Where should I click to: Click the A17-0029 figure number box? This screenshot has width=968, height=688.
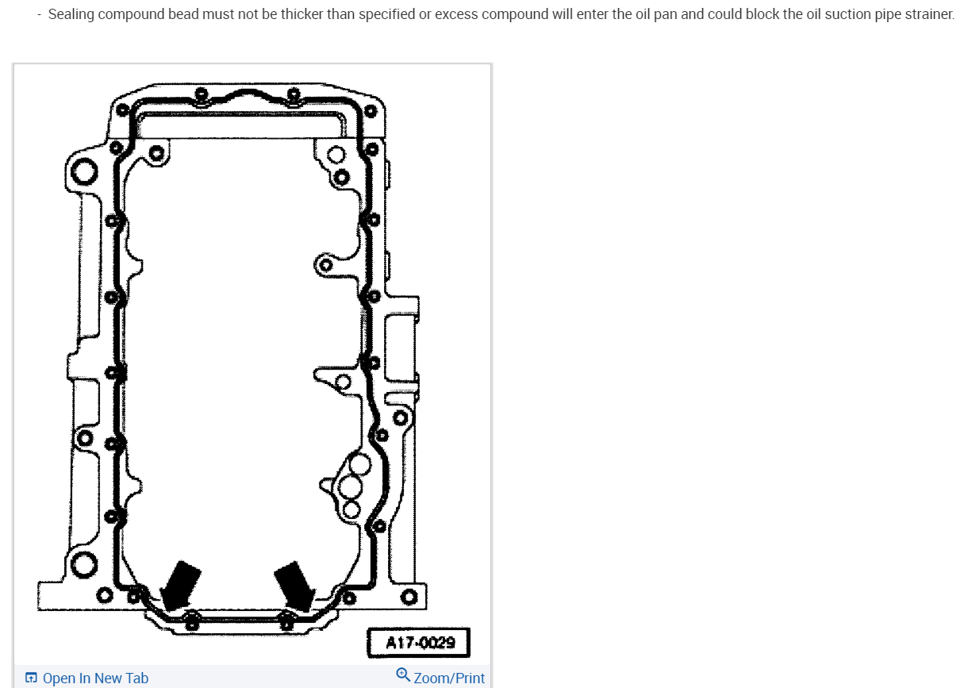click(418, 643)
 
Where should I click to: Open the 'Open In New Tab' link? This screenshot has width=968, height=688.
click(95, 678)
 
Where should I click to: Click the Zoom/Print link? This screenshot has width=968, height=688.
click(449, 678)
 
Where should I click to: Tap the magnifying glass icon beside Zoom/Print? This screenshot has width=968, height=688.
click(403, 675)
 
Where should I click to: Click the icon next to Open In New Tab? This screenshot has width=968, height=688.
click(31, 678)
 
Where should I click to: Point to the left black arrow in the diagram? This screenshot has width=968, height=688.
click(180, 586)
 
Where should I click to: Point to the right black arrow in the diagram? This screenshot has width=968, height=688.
click(296, 586)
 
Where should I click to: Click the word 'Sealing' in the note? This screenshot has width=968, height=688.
click(71, 14)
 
